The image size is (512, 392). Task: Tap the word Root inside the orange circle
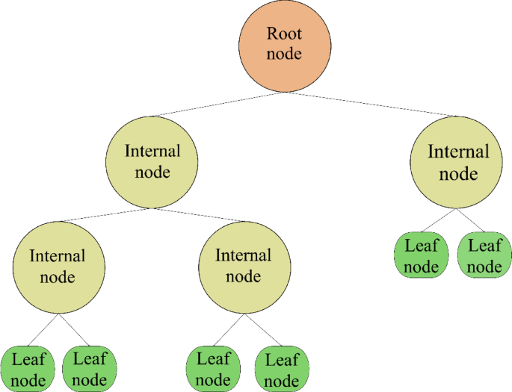tap(283, 34)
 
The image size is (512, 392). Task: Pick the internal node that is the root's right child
tap(457, 162)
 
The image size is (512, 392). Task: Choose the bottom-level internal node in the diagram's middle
tap(243, 266)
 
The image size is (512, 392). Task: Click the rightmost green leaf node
tap(484, 255)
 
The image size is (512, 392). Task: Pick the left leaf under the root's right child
tap(422, 255)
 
